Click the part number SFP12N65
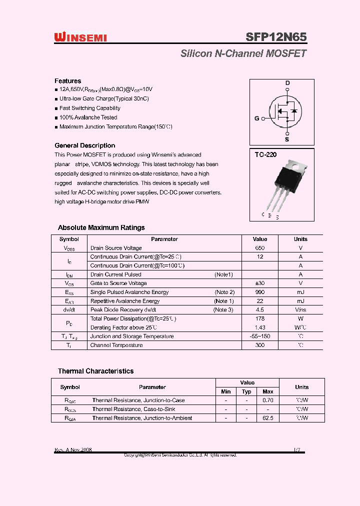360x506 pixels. click(276, 37)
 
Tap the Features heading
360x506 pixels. click(67, 81)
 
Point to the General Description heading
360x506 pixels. click(84, 145)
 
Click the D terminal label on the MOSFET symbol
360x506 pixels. click(287, 83)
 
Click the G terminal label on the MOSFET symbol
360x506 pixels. click(257, 118)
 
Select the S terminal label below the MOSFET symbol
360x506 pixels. click(287, 139)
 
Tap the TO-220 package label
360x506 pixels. click(265, 155)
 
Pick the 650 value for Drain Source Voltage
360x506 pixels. click(260, 248)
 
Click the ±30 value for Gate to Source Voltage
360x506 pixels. click(260, 283)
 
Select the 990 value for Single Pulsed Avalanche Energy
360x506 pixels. click(260, 292)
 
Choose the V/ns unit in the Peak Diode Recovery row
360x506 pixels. click(300, 309)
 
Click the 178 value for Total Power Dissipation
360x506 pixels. click(260, 318)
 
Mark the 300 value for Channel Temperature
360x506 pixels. click(260, 345)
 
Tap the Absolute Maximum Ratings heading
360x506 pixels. click(101, 227)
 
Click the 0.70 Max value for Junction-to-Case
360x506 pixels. click(268, 400)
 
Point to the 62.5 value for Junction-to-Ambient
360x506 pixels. click(268, 418)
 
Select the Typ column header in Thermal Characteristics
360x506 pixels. click(246, 391)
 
